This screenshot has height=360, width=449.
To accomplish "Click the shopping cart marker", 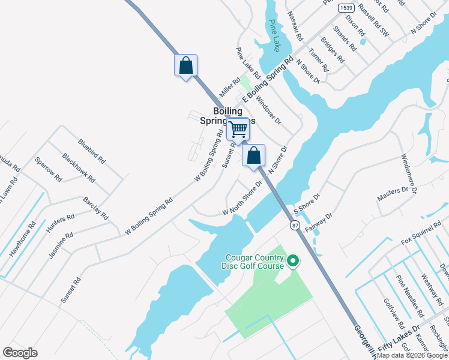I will click(x=238, y=129).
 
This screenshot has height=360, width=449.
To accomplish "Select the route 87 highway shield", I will click(x=295, y=224).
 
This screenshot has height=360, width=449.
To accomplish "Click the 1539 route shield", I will click(x=345, y=8).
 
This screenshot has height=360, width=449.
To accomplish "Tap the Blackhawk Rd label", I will click(x=79, y=167).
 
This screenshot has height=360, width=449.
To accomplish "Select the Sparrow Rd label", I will click(x=49, y=170).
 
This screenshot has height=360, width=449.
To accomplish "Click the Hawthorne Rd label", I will click(x=22, y=239).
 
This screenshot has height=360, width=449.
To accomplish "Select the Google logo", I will click(x=20, y=353).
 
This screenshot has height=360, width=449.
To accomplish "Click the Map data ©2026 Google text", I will click(x=412, y=355).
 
